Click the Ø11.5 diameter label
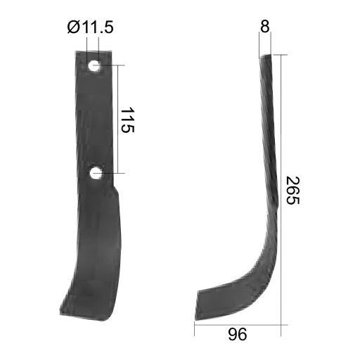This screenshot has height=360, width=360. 91,29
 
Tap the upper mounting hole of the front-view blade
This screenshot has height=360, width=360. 94,67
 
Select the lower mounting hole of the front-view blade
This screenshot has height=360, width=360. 96,172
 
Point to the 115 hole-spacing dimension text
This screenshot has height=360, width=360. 127,120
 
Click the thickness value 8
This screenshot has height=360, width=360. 264,27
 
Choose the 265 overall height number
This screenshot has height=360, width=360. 292,191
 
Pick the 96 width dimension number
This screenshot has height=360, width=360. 238,335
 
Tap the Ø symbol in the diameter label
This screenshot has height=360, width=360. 74,29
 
